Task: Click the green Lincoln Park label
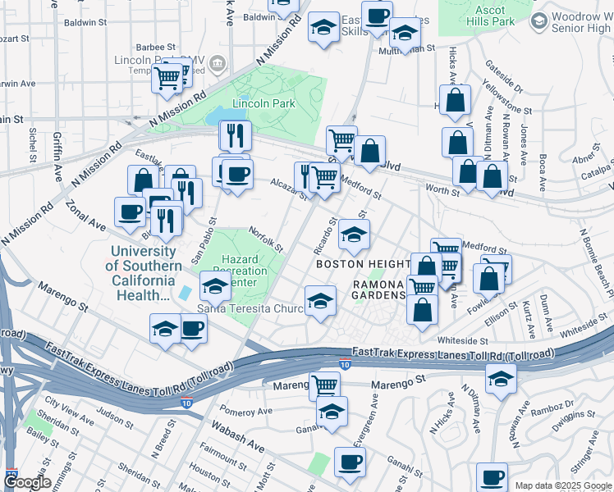tap(252, 104)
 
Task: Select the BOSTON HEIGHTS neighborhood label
tap(363, 264)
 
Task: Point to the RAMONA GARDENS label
tap(379, 289)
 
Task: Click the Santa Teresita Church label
tap(250, 308)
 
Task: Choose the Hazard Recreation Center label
tap(241, 271)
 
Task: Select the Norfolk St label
tap(267, 239)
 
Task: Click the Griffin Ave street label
tap(57, 152)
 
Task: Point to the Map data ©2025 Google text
tap(563, 485)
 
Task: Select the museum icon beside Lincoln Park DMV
tap(217, 64)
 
